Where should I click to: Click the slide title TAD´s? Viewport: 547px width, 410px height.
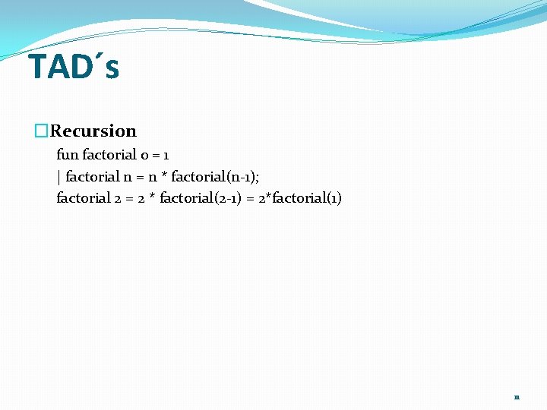pos(74,67)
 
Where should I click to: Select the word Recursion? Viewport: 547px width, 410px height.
pos(93,131)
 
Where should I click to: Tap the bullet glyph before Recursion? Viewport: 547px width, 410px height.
pos(42,131)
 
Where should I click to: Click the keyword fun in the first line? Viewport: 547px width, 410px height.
pos(67,155)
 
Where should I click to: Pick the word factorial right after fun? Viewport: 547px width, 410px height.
pos(109,155)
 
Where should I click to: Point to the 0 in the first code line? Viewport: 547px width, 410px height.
pos(144,155)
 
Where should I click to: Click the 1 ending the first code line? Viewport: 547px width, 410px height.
pos(166,155)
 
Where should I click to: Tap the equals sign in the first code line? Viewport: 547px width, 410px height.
pos(155,155)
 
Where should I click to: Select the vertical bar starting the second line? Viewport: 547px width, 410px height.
pos(58,177)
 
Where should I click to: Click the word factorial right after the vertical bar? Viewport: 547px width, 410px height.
pos(92,177)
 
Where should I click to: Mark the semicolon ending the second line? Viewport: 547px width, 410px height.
pos(246,177)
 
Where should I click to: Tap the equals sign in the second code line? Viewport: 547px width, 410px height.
pos(139,177)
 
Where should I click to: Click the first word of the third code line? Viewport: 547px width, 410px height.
pos(83,198)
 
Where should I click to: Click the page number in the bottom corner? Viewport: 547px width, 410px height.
pos(517,397)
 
